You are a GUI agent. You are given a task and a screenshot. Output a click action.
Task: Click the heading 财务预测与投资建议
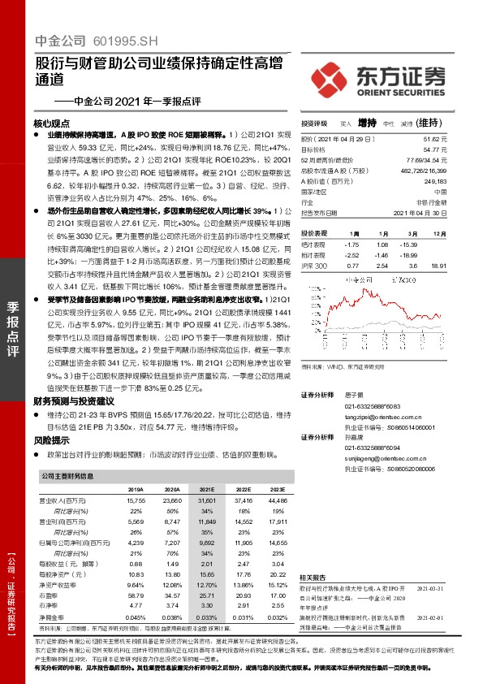coord(73,401)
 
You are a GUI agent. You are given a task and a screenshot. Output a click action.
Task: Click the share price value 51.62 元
coord(437,141)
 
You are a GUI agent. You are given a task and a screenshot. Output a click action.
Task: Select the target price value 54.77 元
coord(437,149)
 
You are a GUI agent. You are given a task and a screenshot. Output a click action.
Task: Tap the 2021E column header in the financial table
coord(207,491)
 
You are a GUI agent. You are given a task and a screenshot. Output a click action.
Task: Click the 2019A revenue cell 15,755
coord(135,501)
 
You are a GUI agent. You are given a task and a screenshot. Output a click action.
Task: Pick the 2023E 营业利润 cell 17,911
coord(278,520)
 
